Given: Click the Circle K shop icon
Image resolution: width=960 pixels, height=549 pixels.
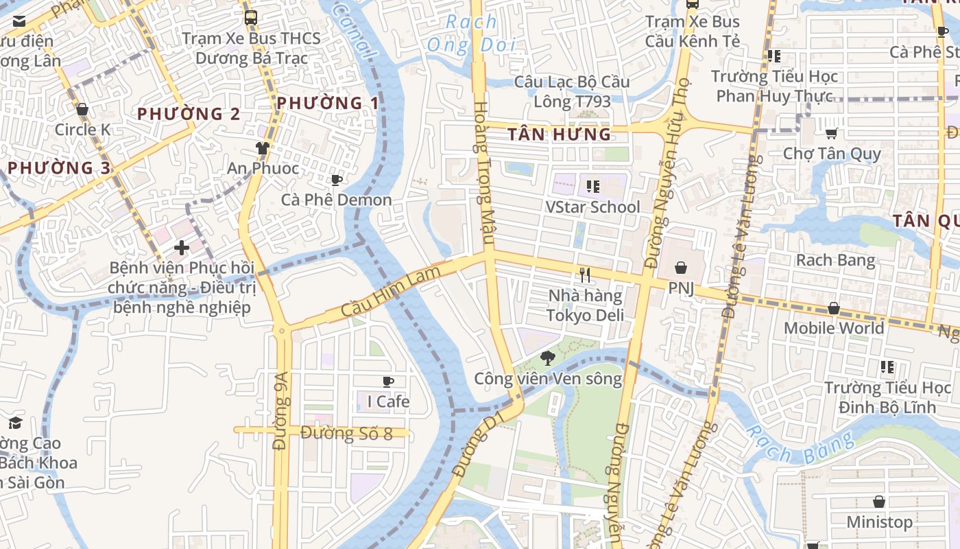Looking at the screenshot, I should point(82,110).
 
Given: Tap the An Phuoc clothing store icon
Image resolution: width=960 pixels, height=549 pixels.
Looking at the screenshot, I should point(263,148).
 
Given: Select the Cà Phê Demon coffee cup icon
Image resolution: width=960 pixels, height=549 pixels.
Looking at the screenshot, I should point(337,180).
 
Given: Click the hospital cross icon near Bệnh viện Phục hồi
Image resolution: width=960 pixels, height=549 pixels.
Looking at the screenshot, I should point(182,247).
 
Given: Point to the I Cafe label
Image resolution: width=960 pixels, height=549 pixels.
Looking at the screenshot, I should point(388,401).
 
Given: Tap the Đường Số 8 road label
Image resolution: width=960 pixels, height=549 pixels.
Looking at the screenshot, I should point(346,433).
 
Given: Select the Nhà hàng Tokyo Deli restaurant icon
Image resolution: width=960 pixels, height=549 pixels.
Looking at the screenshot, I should point(585,275).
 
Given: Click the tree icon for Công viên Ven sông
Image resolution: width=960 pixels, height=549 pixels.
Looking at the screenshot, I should point(547,358).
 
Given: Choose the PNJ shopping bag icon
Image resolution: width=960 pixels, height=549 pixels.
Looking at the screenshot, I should point(681,268).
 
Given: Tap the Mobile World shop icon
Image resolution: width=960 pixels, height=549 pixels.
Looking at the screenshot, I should point(834,309).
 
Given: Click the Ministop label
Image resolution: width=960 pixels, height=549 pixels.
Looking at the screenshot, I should point(879,522).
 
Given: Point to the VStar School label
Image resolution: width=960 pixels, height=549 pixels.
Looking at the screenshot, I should point(592,207).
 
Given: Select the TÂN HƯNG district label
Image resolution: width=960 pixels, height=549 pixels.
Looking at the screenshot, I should point(560,135).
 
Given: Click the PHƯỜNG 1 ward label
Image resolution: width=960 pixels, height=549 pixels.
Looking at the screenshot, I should point(328,104).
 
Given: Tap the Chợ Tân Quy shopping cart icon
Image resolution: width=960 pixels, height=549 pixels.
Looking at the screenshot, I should point(832,133).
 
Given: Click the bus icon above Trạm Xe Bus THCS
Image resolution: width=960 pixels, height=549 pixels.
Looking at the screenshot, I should point(251,18).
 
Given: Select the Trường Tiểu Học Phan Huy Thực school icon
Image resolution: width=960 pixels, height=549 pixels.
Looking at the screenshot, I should point(774,56).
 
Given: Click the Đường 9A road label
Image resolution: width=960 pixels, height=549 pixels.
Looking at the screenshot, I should point(280,410).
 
